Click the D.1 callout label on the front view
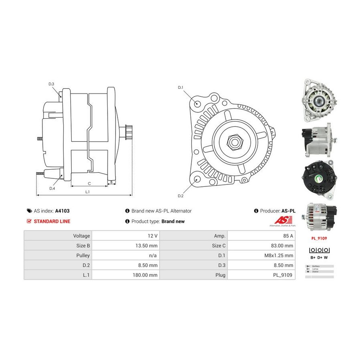(180, 87)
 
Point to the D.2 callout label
(180, 196)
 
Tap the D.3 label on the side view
(51, 84)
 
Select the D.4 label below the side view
(52, 188)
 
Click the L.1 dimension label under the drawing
(87, 192)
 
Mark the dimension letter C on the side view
(89, 183)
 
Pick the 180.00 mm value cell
(146, 275)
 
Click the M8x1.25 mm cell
(280, 255)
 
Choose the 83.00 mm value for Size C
(282, 246)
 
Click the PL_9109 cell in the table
(284, 275)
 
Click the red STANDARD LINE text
(52, 221)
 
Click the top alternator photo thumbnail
(318, 100)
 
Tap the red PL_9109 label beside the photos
(318, 238)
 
